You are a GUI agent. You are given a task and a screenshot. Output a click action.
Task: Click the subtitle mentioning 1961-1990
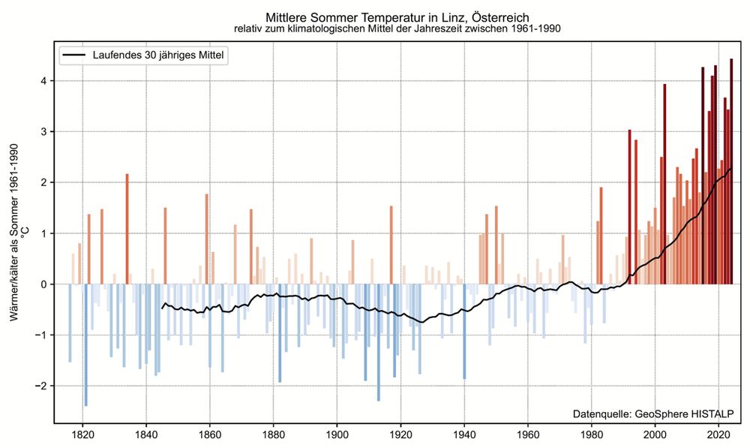point(397,29)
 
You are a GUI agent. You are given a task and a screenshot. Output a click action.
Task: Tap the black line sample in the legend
point(74,56)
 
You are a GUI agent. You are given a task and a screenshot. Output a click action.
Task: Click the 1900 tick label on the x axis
point(337,434)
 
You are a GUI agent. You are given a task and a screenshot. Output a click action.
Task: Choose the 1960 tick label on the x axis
point(529,434)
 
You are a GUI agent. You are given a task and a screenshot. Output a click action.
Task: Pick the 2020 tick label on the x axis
point(719,434)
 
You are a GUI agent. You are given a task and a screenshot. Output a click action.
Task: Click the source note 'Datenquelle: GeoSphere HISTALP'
point(652,413)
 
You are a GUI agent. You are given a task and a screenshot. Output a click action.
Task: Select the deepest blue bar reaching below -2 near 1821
point(85,345)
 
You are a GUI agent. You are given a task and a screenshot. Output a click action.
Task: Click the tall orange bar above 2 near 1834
point(127,229)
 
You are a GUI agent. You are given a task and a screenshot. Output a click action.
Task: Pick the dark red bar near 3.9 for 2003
point(664,185)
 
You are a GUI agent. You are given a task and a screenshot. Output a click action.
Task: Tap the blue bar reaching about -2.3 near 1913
point(378,342)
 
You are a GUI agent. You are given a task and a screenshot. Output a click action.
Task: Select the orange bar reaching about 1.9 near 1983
point(601,236)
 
